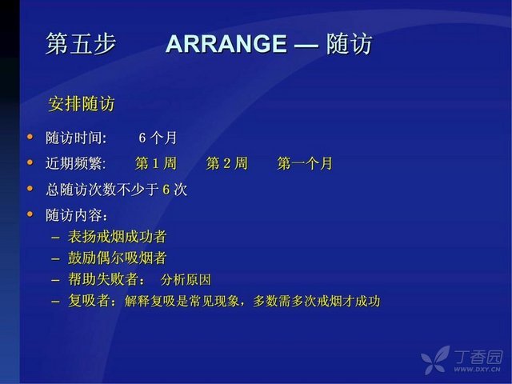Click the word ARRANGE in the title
(x=226, y=44)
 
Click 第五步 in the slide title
(x=81, y=44)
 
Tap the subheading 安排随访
(x=82, y=104)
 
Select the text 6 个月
(x=158, y=138)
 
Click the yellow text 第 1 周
(x=156, y=163)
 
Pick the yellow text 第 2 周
(x=227, y=163)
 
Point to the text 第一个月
(x=305, y=163)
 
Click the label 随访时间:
(x=76, y=138)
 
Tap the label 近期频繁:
(x=76, y=163)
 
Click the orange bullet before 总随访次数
(x=30, y=188)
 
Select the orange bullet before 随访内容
(x=30, y=214)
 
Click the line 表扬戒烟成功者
(x=118, y=237)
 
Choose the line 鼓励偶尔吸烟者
(x=118, y=258)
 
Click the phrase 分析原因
(x=186, y=280)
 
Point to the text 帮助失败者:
(x=106, y=279)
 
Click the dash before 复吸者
(x=55, y=302)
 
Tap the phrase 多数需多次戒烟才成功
(x=317, y=301)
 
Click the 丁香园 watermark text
(x=478, y=357)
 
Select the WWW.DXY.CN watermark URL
(x=477, y=370)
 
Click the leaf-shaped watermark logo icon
(x=435, y=359)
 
